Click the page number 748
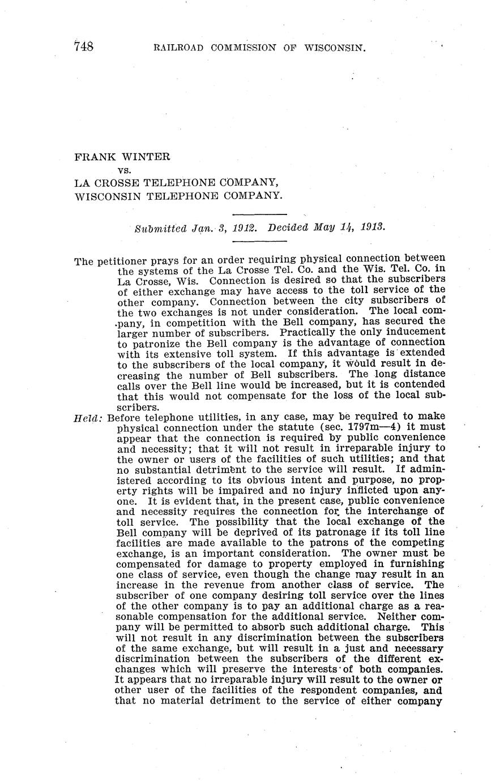83,46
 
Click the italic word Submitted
161,229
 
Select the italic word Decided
288,228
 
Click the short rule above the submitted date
259,214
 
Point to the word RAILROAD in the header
178,48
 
